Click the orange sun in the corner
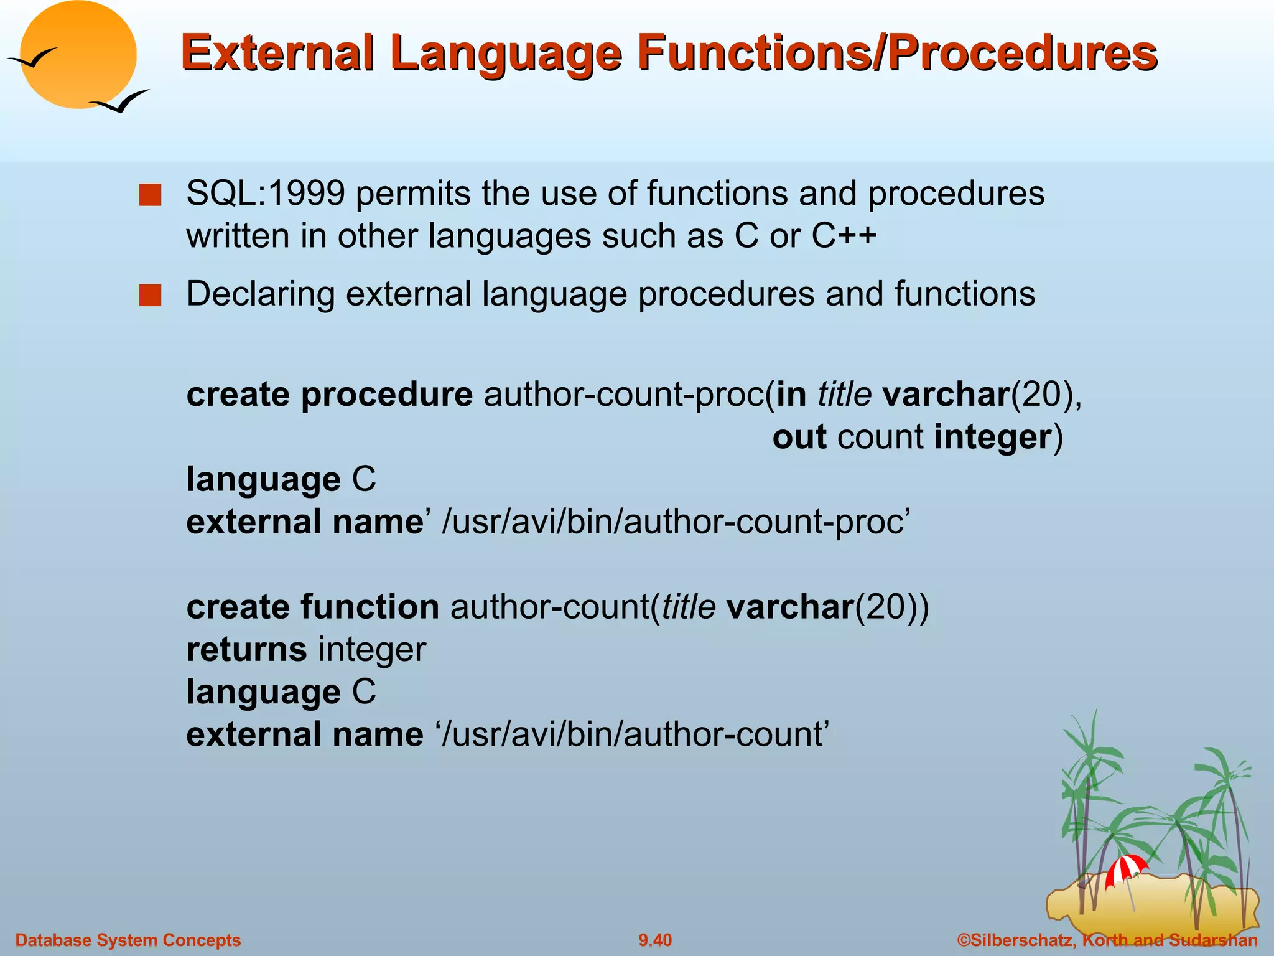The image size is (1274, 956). pos(78,55)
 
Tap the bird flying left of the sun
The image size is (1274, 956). pos(32,59)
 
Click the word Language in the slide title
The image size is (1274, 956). pos(506,54)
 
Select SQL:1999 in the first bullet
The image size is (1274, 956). pos(266,194)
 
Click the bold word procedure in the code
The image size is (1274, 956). pos(387,395)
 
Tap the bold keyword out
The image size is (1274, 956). pos(799,437)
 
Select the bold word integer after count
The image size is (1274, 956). pos(992,437)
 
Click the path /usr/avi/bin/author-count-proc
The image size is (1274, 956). pos(675,522)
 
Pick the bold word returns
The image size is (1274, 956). pos(246,649)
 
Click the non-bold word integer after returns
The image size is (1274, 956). pos(372,649)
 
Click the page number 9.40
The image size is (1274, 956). pos(655,940)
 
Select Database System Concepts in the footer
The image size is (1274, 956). pos(128,940)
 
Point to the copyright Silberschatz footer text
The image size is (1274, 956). pos(1107,940)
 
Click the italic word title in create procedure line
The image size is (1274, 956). pos(844,395)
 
